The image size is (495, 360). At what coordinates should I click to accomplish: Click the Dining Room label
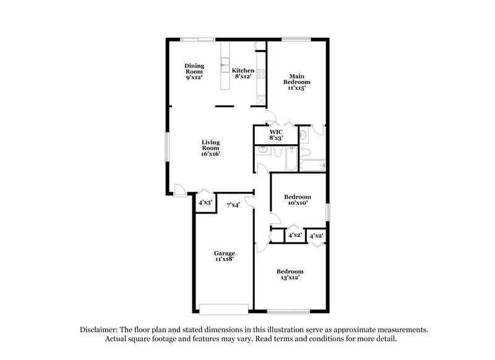(x=194, y=71)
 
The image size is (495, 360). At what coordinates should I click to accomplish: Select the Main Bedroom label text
(x=296, y=82)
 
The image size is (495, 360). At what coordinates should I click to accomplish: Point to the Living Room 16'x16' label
(x=211, y=148)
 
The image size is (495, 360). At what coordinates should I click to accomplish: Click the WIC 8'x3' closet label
(x=276, y=135)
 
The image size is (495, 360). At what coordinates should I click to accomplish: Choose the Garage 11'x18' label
(x=224, y=257)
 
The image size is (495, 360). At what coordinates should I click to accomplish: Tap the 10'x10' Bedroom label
(x=298, y=199)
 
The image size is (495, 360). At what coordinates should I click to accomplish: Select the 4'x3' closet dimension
(x=205, y=203)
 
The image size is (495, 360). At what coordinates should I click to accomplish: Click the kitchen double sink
(x=225, y=64)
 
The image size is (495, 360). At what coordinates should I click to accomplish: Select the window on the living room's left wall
(x=166, y=148)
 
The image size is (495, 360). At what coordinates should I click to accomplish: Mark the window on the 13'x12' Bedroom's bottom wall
(x=290, y=311)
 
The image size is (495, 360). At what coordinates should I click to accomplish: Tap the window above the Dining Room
(x=198, y=40)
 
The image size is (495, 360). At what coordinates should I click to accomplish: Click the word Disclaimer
(x=101, y=330)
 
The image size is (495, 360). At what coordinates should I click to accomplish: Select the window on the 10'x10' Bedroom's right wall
(x=329, y=211)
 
